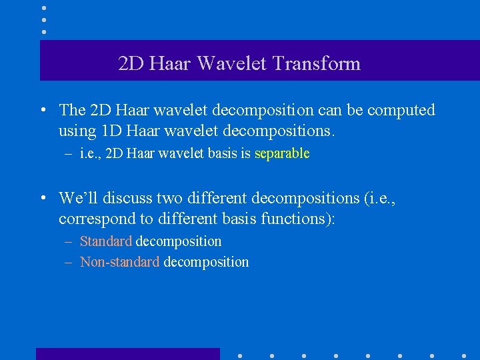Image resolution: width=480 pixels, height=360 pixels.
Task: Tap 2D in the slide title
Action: (131, 64)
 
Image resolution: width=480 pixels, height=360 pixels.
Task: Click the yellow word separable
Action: (282, 154)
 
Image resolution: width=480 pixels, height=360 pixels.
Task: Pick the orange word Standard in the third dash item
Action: (105, 241)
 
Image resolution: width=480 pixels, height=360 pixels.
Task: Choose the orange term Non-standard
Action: (119, 262)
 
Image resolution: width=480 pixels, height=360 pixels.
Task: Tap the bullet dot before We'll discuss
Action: (42, 199)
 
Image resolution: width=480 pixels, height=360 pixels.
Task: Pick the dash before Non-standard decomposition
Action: (69, 263)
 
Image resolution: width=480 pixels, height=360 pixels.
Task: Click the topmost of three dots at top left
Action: (44, 8)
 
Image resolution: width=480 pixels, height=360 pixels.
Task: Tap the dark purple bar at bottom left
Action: (127, 354)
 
